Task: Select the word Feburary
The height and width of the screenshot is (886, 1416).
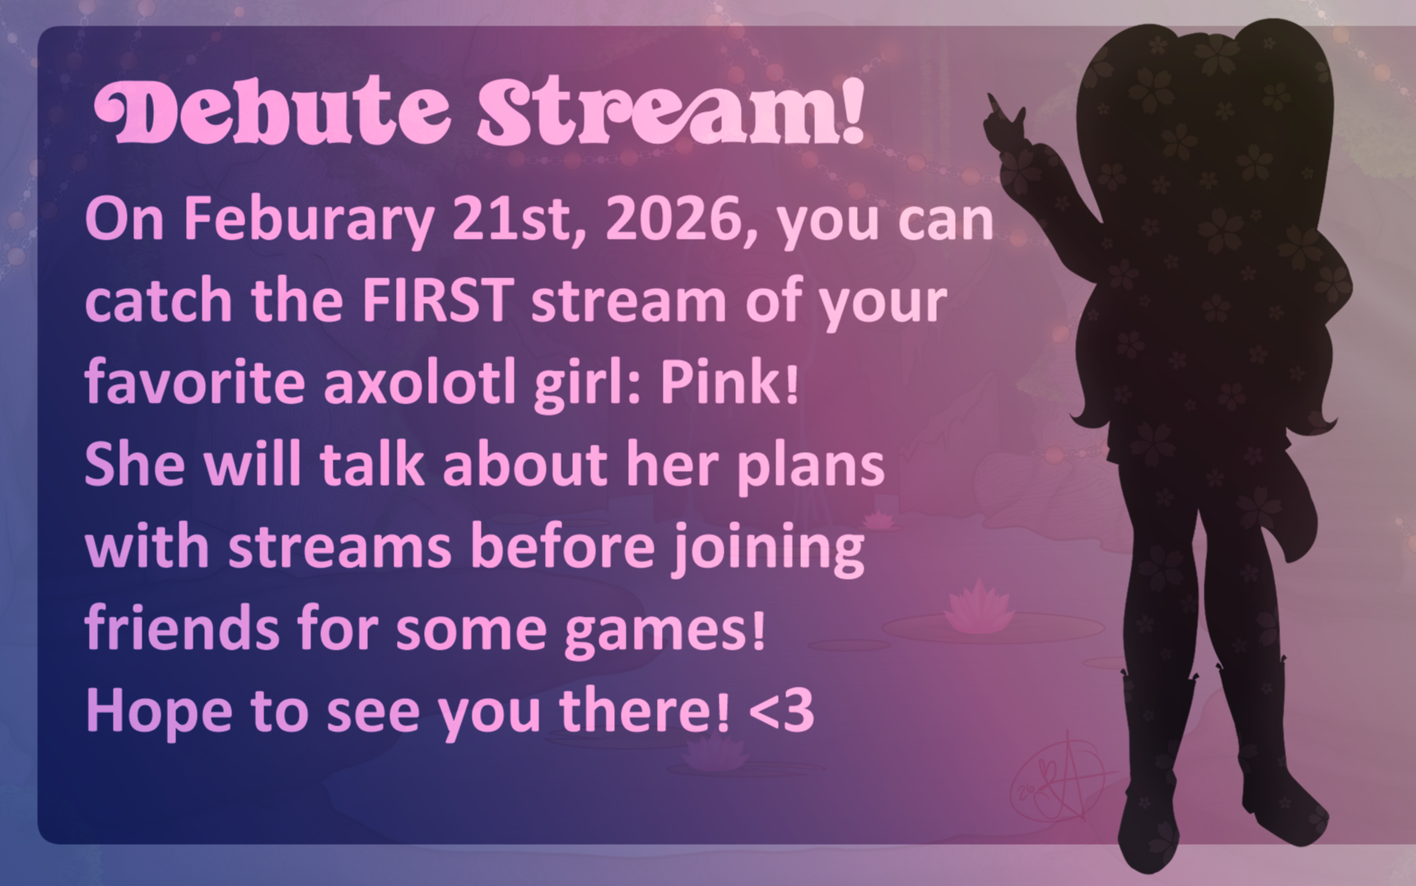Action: pos(309,221)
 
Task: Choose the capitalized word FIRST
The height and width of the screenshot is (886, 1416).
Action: pos(438,301)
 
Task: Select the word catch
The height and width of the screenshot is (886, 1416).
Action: pos(159,301)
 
